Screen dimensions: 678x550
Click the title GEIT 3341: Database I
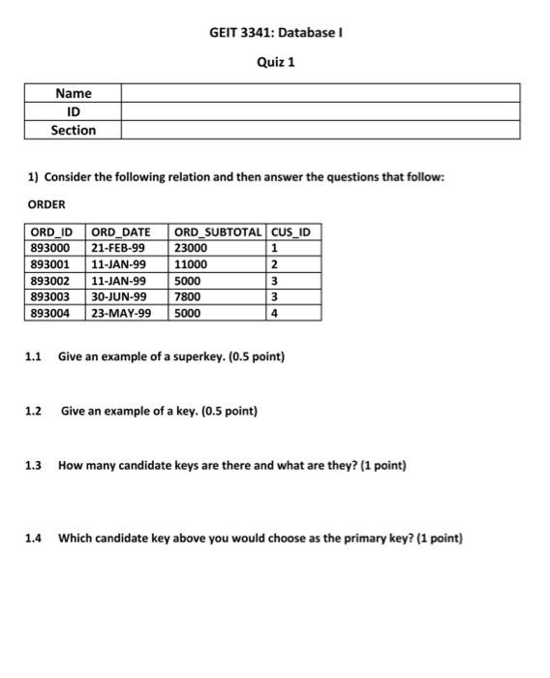[x=276, y=32]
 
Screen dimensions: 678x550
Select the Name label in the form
[x=74, y=94]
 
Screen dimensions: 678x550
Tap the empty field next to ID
[x=320, y=111]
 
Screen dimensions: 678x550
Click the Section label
[x=74, y=130]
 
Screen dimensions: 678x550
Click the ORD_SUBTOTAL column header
[x=218, y=232]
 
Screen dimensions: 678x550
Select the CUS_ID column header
[x=290, y=232]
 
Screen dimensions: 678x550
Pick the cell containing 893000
[x=50, y=248]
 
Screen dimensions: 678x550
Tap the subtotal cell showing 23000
[x=191, y=248]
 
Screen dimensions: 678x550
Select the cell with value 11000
[x=191, y=264]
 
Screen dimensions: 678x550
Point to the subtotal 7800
[x=188, y=296]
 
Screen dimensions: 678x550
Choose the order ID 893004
[x=50, y=313]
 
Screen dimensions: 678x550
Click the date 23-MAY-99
[x=120, y=313]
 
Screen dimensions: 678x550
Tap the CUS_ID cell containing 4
[x=275, y=313]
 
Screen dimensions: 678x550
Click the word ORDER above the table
[x=46, y=204]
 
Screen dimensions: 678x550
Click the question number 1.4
[x=33, y=539]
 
